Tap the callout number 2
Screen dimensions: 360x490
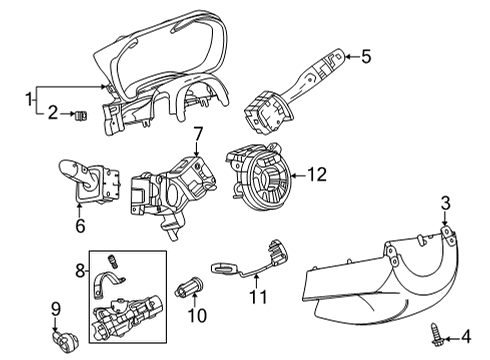tap(53, 115)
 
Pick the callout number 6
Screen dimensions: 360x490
tap(79, 226)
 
